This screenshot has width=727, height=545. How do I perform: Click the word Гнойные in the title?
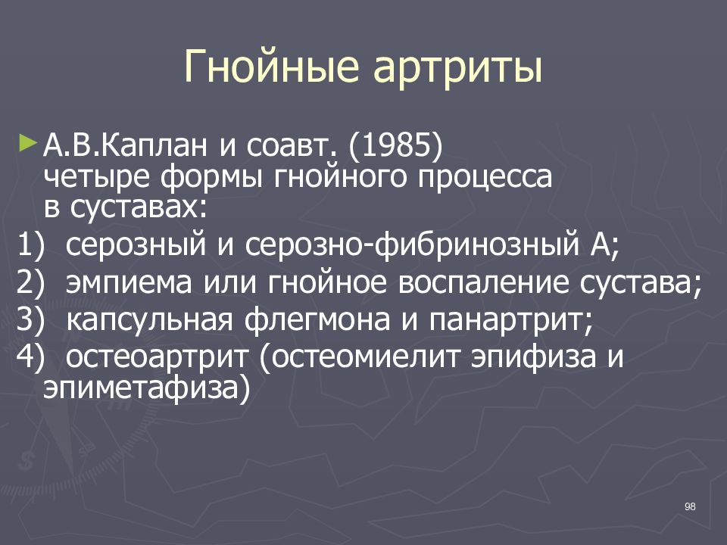click(271, 67)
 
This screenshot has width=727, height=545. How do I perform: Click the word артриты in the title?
click(457, 70)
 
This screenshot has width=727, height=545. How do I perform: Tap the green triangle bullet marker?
click(27, 142)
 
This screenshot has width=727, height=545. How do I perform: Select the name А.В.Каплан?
click(125, 145)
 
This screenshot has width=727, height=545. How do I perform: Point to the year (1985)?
click(395, 146)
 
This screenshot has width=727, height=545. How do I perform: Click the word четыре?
click(96, 177)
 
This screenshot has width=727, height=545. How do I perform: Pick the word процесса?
click(485, 177)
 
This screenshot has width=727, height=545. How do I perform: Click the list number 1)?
click(30, 244)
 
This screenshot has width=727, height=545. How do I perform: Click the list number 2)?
click(30, 282)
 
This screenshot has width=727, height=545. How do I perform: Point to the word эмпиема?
click(129, 282)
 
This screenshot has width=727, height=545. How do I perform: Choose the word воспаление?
click(483, 282)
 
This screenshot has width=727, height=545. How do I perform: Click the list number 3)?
click(30, 319)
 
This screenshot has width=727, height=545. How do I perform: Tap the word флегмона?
click(317, 319)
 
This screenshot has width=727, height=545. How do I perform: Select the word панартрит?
click(511, 319)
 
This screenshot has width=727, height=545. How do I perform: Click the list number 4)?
click(30, 357)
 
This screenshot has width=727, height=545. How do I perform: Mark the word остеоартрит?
click(158, 357)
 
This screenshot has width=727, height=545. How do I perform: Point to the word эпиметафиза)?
click(146, 388)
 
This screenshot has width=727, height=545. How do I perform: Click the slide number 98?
click(690, 506)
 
